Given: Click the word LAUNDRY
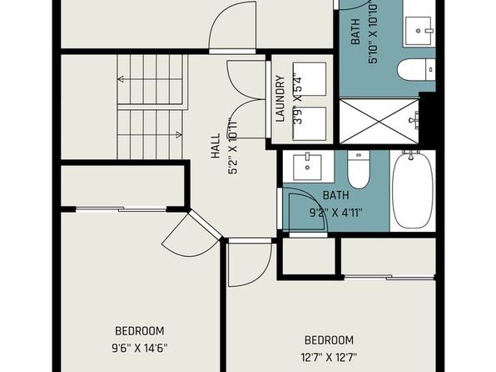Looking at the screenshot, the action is point(280,98).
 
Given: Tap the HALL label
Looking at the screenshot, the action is point(216,146).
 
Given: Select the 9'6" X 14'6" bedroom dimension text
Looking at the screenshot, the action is point(140,348).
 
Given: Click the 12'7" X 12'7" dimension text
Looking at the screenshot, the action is point(329,358).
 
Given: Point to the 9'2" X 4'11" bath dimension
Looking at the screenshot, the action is point(336,212).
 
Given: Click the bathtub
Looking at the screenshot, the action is point(413,190).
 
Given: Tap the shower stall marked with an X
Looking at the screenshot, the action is point(379,121).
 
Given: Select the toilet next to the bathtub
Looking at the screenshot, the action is point(359,169).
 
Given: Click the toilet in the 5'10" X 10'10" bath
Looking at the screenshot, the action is point(416,70).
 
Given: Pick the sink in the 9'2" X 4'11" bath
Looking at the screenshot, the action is point(307,167).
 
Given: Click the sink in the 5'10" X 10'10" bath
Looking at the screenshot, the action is point(418,31).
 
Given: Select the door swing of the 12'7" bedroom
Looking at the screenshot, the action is point(250,264).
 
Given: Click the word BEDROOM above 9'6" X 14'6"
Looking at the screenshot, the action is point(140,331).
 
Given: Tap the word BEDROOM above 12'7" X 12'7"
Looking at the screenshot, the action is point(329,340).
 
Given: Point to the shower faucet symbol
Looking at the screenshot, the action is point(414,120).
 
